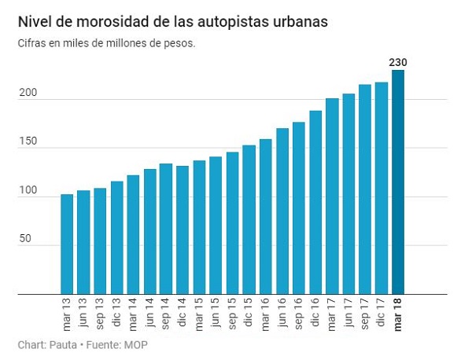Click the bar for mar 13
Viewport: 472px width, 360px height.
point(67,244)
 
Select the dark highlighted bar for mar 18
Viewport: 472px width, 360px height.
point(398,182)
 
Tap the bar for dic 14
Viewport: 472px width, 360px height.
point(183,230)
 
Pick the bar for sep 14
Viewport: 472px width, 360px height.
point(166,229)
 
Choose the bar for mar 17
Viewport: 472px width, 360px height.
point(332,196)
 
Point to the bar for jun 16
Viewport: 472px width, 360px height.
point(282,211)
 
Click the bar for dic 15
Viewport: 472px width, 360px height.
point(249,219)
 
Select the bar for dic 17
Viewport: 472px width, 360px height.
point(382,189)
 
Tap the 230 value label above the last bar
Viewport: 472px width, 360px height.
point(398,63)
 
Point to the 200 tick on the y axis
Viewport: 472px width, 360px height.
point(28,93)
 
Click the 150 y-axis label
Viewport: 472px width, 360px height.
point(28,141)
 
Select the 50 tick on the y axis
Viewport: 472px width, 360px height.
point(25,238)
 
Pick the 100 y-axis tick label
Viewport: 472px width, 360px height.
point(28,190)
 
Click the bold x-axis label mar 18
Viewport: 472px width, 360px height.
point(398,314)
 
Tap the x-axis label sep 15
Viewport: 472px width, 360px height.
point(232,314)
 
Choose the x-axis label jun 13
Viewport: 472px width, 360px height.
point(83,313)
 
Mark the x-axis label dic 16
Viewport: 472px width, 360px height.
point(315,313)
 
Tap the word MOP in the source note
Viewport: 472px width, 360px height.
point(136,344)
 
